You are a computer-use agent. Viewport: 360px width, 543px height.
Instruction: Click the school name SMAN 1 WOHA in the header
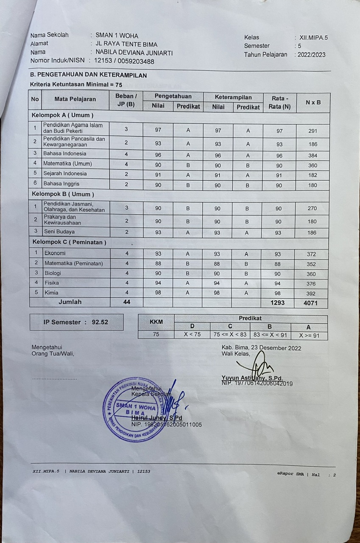click(117, 36)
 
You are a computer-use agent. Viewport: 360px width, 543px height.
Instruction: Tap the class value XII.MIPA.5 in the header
click(313, 37)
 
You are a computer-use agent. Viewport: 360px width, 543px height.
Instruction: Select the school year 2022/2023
click(312, 55)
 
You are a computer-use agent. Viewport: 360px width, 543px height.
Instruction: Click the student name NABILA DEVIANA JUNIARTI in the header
click(134, 53)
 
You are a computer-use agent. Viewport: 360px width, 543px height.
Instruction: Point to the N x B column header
click(313, 102)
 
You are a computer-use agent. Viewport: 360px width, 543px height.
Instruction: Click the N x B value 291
click(313, 131)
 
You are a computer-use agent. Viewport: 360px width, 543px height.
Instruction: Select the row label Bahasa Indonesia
click(64, 154)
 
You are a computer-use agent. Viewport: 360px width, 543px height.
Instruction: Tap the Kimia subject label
click(51, 293)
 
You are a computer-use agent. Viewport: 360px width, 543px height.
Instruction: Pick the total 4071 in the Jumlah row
click(313, 303)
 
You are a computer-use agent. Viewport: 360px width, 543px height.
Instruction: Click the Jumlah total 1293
click(277, 303)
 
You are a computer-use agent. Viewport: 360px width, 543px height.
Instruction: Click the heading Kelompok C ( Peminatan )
click(70, 242)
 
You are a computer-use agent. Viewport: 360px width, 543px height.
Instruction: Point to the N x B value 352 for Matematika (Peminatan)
click(313, 264)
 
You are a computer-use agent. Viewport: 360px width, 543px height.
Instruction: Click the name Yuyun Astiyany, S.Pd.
click(252, 378)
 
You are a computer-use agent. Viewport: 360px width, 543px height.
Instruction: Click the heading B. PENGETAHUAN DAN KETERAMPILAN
click(89, 75)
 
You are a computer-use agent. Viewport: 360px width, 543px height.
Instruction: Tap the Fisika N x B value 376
click(313, 284)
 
